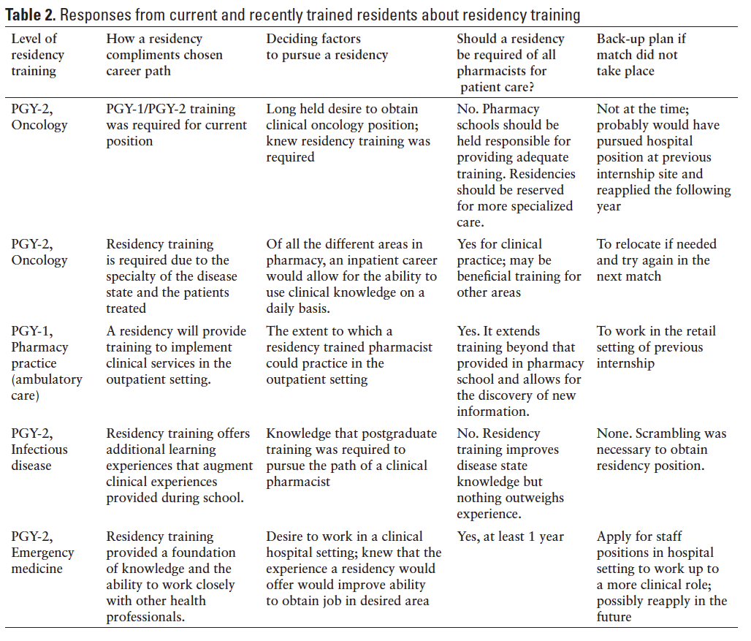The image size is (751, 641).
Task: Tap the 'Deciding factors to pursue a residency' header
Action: pyautogui.click(x=327, y=47)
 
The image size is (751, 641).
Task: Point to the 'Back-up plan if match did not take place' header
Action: pyautogui.click(x=641, y=55)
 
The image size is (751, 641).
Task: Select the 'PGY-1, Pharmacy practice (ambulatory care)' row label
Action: pyautogui.click(x=47, y=363)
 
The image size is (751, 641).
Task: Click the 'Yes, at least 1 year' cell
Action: pyautogui.click(x=510, y=536)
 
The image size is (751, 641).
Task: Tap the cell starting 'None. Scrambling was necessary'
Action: pyautogui.click(x=661, y=450)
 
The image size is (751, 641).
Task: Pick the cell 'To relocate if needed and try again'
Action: pyautogui.click(x=656, y=260)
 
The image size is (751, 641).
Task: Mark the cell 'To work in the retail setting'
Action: pyautogui.click(x=655, y=347)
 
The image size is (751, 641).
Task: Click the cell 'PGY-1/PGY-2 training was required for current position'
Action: pyautogui.click(x=176, y=125)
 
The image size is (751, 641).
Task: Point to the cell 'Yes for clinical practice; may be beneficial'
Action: pyautogui.click(x=519, y=268)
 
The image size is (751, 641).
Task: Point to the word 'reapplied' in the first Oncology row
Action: pyautogui.click(x=629, y=190)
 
